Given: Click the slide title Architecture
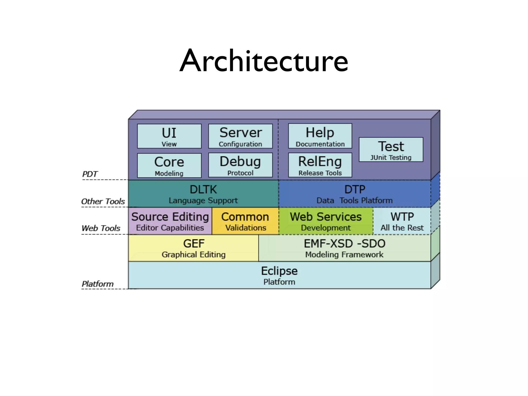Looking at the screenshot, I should pos(264,61).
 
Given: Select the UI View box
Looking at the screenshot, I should pos(169,136).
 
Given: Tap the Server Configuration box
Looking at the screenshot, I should pos(240,136).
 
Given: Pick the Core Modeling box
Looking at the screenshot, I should pos(169,165).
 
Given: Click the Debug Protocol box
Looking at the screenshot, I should pos(240,165).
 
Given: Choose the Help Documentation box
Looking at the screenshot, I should pos(320,136).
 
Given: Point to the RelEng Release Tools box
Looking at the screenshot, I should pos(320,165).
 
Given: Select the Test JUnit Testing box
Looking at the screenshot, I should pos(391,150).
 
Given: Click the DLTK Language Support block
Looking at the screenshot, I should pos(203,194).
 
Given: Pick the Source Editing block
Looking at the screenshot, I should pos(170,221).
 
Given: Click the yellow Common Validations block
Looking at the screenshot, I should pos(245,221).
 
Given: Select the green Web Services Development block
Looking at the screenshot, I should pos(326,221).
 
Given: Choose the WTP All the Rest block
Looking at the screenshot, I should pos(402,221).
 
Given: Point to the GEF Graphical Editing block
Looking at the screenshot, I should pos(193,248).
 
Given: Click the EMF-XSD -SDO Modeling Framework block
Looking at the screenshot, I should pos(344,248).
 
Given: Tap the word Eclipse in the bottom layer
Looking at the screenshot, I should pos(279,271).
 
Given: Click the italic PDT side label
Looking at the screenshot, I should pos(90,174).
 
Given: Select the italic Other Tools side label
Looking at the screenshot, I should pos(103,201).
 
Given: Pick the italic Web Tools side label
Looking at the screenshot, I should pos(101,228).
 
